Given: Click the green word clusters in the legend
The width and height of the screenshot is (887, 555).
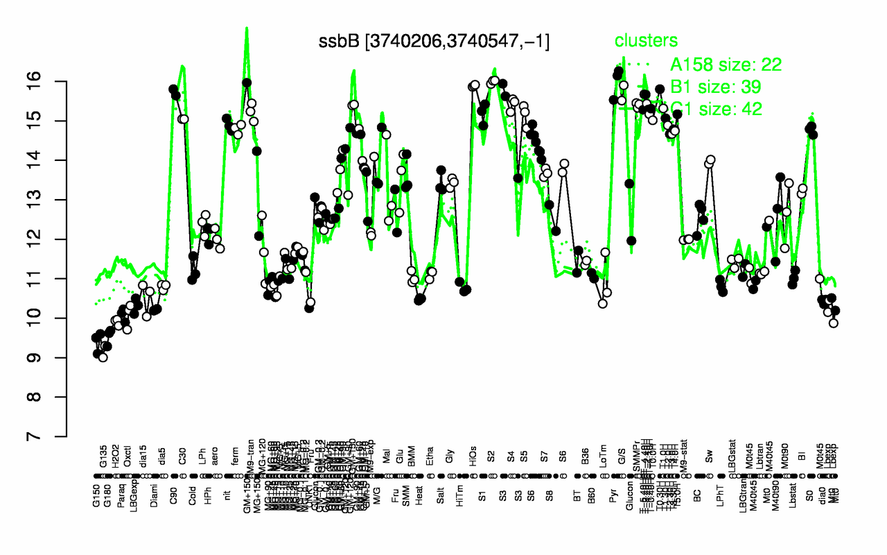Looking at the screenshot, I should click(647, 41).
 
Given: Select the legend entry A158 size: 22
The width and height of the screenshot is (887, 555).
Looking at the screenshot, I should click(726, 65).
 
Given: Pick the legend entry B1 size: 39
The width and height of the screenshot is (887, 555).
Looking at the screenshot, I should click(717, 87).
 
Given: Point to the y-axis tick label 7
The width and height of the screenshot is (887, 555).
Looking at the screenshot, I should click(52, 436).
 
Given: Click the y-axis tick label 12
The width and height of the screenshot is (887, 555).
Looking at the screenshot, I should click(52, 239).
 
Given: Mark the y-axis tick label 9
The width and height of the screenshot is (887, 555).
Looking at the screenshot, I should click(52, 358).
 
